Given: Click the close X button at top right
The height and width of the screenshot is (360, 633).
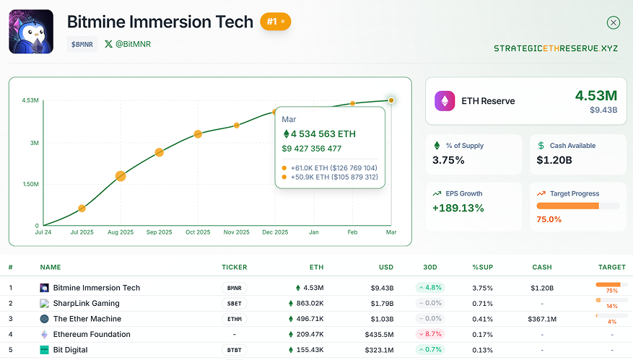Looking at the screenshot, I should (614, 22).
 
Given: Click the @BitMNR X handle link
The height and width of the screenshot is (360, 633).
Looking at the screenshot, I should (128, 44).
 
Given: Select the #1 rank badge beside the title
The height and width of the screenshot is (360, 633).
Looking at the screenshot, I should (275, 22).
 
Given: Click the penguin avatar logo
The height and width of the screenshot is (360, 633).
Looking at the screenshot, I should (31, 31).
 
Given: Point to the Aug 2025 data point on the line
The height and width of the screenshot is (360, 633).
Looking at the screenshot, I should (121, 176).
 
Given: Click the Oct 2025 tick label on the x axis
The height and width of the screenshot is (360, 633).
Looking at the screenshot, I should (198, 232).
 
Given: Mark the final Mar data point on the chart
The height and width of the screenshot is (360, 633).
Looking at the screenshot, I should (391, 100).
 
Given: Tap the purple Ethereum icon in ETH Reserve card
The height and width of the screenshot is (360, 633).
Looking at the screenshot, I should (445, 101).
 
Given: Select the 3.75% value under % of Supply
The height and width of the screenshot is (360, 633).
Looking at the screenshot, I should (448, 160).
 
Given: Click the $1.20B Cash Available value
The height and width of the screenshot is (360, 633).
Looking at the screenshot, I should (554, 160).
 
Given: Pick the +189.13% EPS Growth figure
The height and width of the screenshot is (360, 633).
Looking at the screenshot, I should (458, 208).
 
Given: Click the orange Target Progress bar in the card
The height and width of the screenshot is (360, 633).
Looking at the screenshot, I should (568, 206).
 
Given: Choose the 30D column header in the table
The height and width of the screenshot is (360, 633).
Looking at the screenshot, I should (430, 267).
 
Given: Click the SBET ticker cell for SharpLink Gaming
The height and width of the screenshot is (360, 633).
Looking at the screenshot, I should (234, 303).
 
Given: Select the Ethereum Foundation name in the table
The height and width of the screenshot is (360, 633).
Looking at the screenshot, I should (92, 334).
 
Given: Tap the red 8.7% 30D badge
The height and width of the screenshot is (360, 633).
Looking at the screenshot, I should (430, 334).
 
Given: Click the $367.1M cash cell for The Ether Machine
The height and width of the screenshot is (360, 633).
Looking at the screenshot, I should (541, 319).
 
